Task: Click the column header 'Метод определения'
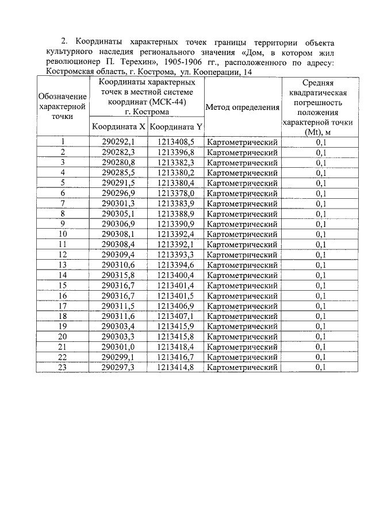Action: click(242, 107)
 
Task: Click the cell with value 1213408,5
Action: click(175, 142)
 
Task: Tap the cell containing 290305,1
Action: click(118, 214)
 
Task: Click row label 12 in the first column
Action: click(62, 255)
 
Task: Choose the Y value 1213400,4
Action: click(175, 275)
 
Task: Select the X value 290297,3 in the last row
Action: click(118, 367)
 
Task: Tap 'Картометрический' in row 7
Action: click(242, 203)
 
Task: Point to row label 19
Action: click(62, 326)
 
